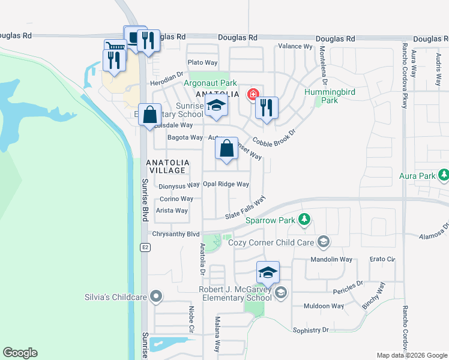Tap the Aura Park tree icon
pos(443,176)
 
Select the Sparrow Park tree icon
pos(304,220)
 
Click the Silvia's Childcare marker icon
pos(156,296)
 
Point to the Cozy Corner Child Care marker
pos(324,242)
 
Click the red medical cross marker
pos(253,95)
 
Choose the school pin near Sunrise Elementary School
pos(216,107)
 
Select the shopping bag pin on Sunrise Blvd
pos(149,114)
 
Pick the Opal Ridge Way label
pos(226,185)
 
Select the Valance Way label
pos(297,46)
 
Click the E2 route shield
pos(145,247)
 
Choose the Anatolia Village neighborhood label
pos(168,167)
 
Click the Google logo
pos(20,353)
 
